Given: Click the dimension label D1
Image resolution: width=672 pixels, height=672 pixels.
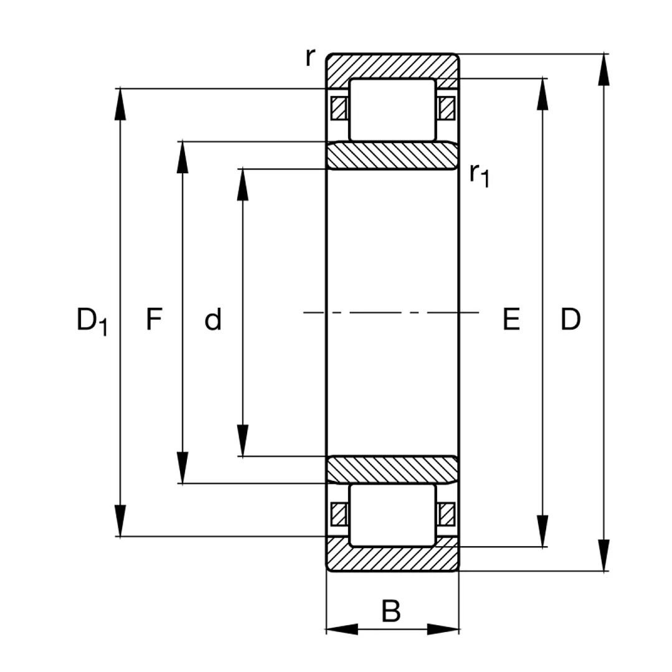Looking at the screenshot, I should (91, 321).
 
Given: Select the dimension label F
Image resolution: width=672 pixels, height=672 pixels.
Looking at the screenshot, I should (154, 319).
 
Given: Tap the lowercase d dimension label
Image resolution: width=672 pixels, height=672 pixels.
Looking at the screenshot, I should (213, 320).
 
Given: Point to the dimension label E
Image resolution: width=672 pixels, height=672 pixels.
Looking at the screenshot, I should (511, 319).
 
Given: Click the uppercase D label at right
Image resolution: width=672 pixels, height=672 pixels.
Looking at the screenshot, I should (570, 319).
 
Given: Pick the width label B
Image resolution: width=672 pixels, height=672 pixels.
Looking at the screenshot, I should (390, 612).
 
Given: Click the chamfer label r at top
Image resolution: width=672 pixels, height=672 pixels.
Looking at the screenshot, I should (310, 57).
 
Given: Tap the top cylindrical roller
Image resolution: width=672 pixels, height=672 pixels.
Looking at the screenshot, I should (392, 110).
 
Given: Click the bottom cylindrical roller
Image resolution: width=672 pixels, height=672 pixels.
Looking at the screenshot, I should (392, 515).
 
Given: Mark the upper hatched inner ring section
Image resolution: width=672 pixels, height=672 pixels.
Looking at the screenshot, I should (392, 155).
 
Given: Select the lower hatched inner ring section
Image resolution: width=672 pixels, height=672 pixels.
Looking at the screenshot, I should (392, 470).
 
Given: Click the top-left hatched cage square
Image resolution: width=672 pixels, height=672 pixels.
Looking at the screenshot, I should (339, 108).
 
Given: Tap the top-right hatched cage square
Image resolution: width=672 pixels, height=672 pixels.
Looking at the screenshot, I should (446, 108).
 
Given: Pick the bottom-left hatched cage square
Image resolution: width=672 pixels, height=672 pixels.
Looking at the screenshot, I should (339, 515).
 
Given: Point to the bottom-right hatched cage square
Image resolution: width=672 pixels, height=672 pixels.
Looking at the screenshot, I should (446, 515).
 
